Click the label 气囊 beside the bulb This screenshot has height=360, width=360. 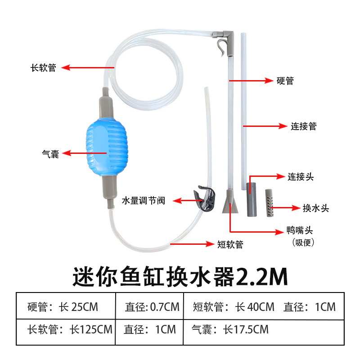click(50, 154)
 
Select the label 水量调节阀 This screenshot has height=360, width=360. click(144, 200)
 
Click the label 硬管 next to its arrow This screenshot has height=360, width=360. click(285, 81)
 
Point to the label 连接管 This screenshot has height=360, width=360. click(304, 126)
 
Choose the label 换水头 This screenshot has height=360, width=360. click(316, 208)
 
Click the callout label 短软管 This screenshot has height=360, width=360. click(230, 244)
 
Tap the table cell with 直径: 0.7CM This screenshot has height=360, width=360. click(152, 307)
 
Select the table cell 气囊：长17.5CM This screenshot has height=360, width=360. click(230, 329)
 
